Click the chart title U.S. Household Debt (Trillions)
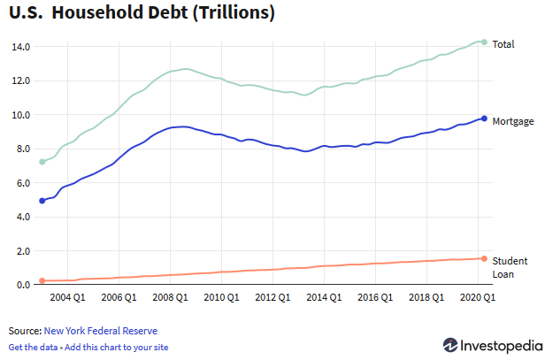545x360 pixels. pos(142,14)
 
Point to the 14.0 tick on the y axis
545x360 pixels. pos(21,46)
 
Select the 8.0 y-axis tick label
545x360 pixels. pos(21,149)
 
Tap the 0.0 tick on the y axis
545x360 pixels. pos(21,285)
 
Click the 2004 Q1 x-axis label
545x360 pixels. pos(67,299)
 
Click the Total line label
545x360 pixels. pos(503,44)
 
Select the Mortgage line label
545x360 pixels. pos(512,120)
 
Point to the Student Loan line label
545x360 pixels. pos(510,267)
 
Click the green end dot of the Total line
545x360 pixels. pos(484,42)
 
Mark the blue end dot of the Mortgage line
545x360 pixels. pos(484,118)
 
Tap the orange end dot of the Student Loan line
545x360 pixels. pos(484,258)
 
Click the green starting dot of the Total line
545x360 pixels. pos(42,162)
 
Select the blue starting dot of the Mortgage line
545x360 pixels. pos(42,201)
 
